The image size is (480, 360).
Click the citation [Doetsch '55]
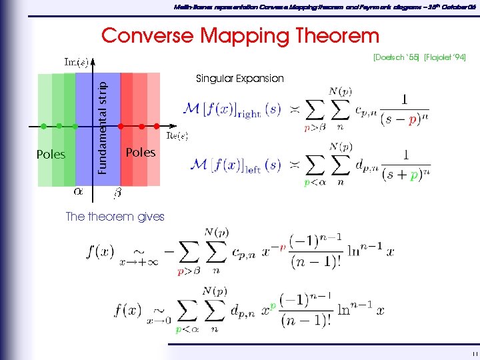pyautogui.click(x=396, y=59)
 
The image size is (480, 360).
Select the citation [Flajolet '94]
pyautogui.click(x=445, y=59)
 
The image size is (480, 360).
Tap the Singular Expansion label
pyautogui.click(x=239, y=79)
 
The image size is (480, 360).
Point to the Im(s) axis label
pyautogui.click(x=75, y=63)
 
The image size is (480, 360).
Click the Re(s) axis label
pyautogui.click(x=177, y=135)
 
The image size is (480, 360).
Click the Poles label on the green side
pyautogui.click(x=51, y=155)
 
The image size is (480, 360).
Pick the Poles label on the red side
pyautogui.click(x=140, y=152)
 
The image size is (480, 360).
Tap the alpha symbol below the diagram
pyautogui.click(x=78, y=192)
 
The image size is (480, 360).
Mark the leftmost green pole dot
pyautogui.click(x=43, y=125)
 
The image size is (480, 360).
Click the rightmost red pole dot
pyautogui.click(x=157, y=125)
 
